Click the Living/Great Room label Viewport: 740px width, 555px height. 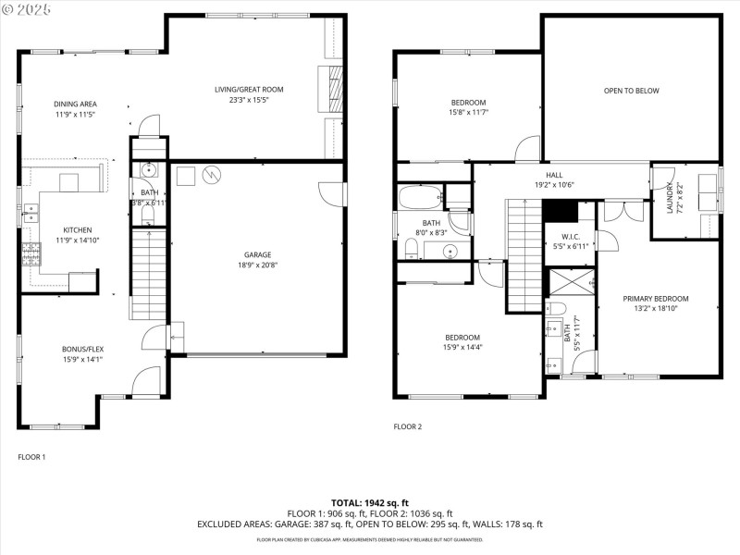tap(249, 90)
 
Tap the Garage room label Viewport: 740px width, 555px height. tap(258, 254)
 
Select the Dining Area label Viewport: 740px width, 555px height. tap(76, 104)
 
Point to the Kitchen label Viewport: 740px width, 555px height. tap(78, 230)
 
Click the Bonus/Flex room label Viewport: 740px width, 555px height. tap(82, 349)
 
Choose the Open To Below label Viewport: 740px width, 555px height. tap(631, 91)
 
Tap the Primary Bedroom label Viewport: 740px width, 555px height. tap(656, 299)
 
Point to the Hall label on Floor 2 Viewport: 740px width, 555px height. tap(554, 174)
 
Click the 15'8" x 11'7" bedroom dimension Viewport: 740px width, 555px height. tap(468, 113)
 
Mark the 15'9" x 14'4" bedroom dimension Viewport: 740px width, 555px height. tap(462, 348)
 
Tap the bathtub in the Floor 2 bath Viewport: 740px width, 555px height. tap(421, 197)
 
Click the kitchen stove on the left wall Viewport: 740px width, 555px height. tap(31, 253)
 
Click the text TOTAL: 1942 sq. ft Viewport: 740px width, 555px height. tap(370, 502)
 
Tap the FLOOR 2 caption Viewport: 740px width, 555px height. tap(407, 427)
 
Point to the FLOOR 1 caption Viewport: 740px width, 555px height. tap(31, 457)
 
